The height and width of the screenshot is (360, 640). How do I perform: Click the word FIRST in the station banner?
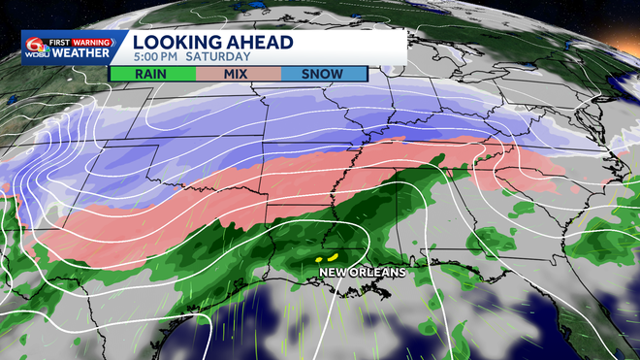point(64,41)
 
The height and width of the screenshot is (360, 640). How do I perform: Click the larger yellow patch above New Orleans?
point(332,256)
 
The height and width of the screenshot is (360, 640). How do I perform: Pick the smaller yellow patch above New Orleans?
point(320,260)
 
